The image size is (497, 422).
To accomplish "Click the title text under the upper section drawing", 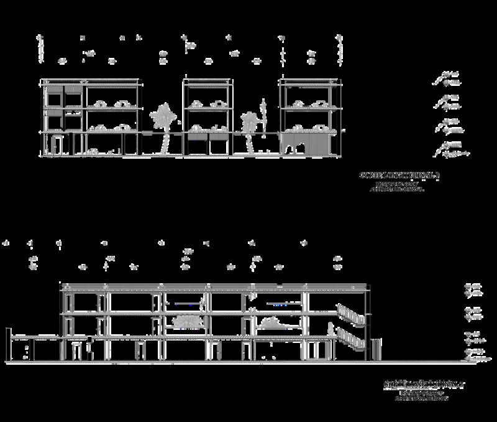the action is [399, 176].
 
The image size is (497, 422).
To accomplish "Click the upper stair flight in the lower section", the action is [349, 314].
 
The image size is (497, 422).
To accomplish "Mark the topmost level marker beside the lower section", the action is [473, 287].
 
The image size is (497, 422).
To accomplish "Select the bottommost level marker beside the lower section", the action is [476, 357].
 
